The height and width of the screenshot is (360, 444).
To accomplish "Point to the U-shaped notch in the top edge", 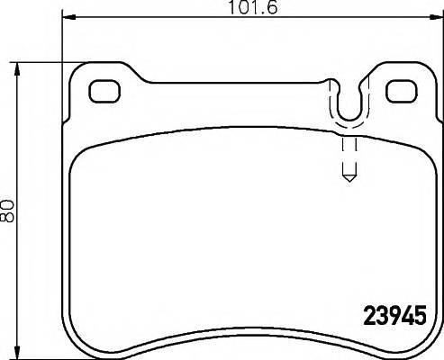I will point(347,106).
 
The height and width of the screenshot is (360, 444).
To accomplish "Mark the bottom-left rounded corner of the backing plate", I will point(72,344).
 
